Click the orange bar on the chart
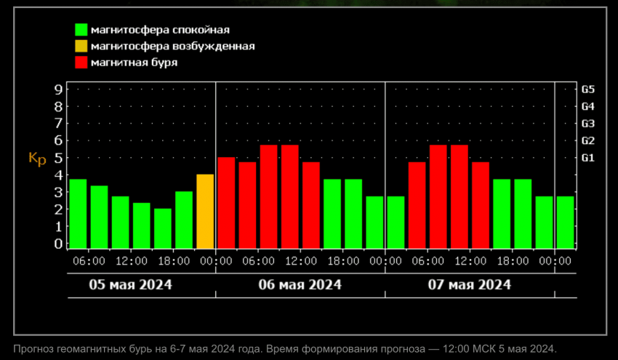click(205, 212)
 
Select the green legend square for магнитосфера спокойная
click(81, 30)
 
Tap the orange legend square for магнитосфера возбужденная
click(81, 46)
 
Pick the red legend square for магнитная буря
click(81, 63)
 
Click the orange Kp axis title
click(36, 159)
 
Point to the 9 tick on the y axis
click(58, 89)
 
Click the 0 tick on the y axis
click(58, 244)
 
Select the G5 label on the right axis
click(588, 89)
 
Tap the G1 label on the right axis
click(588, 158)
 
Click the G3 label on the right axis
click(588, 124)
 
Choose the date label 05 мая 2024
click(131, 284)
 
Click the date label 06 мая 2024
click(300, 284)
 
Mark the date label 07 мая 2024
click(470, 284)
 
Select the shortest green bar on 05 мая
click(163, 228)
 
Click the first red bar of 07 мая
click(417, 205)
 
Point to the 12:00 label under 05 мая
click(131, 260)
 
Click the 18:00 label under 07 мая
click(512, 260)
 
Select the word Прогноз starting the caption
click(35, 348)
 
